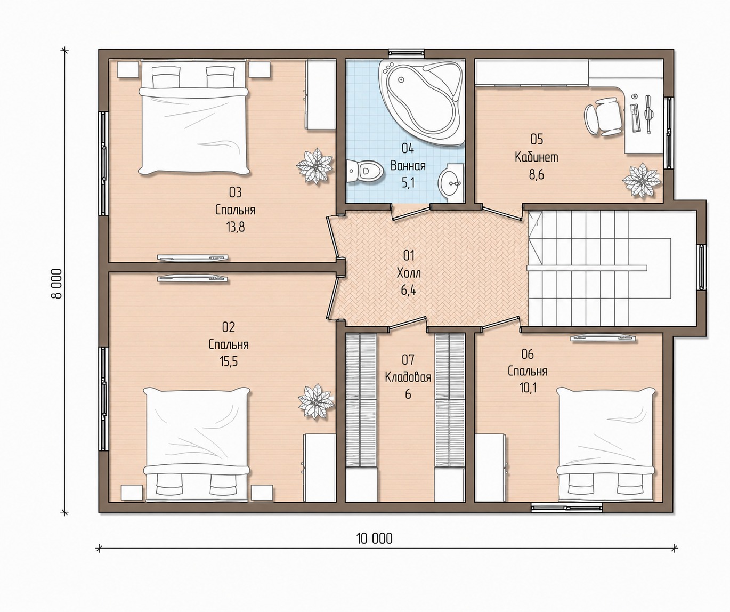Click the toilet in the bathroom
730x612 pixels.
click(363, 171)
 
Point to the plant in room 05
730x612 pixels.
click(642, 181)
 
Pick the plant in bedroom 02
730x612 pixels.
click(316, 401)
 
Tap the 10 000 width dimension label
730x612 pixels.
click(374, 538)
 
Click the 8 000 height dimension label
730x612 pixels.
click(56, 284)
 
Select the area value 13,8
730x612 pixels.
click(236, 227)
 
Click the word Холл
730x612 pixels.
click(409, 273)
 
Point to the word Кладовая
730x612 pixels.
click(408, 377)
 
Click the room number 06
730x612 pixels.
click(528, 355)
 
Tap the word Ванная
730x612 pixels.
click(408, 165)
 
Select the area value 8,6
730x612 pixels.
click(537, 174)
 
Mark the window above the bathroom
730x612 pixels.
click(406, 53)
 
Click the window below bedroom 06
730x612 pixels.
click(567, 508)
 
